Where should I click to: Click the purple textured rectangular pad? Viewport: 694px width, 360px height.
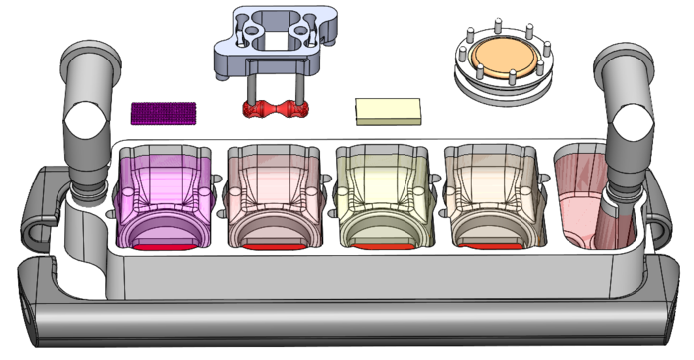click(x=166, y=112)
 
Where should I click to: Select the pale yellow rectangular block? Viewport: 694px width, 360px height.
click(x=388, y=111)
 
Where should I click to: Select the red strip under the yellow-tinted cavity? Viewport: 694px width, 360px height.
click(x=385, y=244)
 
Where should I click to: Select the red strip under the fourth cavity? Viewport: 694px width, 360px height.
click(x=493, y=244)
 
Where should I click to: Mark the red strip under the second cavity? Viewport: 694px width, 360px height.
click(x=274, y=244)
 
